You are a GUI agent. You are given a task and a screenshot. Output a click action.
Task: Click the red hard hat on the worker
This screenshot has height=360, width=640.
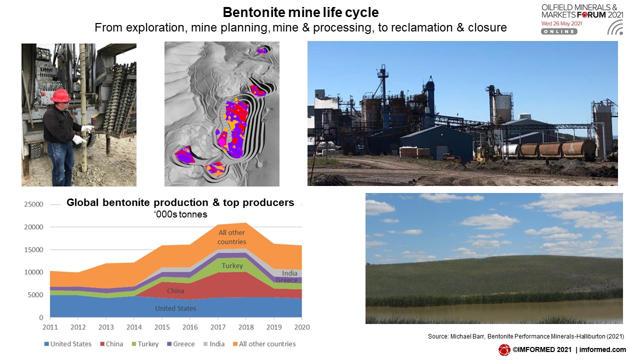tap(60, 95)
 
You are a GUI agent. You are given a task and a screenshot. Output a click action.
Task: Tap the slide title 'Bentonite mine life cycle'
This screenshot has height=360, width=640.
tap(300, 12)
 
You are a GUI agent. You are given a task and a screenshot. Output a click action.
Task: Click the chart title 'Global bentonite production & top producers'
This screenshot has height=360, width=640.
tap(180, 202)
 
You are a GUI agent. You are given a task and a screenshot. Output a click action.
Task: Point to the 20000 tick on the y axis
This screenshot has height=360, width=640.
tap(33, 227)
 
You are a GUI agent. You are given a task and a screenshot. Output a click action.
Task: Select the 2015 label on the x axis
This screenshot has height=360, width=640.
tap(162, 327)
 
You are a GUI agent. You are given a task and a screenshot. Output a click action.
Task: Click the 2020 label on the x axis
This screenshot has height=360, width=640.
tap(302, 327)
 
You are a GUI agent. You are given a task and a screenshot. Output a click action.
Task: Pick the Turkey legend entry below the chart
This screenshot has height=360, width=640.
tap(145, 344)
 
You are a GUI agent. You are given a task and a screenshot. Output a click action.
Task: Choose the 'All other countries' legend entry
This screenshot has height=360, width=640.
tap(264, 344)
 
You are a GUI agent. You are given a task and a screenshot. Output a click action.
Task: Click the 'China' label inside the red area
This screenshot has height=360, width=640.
tap(175, 291)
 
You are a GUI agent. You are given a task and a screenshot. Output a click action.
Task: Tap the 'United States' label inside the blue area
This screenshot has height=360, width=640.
tap(175, 308)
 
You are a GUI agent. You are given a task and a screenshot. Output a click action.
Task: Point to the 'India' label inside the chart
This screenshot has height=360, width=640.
tap(289, 273)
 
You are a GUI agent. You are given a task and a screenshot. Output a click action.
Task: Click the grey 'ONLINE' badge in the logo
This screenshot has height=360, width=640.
tap(559, 31)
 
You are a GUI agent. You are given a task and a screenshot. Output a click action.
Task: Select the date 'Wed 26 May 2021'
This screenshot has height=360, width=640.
tap(561, 23)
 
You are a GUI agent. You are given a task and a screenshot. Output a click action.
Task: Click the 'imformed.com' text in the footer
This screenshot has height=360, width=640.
tap(602, 349)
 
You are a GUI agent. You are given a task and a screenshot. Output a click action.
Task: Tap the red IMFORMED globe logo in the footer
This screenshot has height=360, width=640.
tap(504, 349)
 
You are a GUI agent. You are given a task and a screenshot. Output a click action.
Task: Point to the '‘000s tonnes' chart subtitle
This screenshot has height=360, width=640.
tap(180, 214)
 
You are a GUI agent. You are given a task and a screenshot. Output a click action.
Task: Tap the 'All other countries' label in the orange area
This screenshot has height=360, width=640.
tap(231, 237)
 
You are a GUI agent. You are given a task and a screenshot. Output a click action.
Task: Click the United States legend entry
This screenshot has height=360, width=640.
tap(68, 344)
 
